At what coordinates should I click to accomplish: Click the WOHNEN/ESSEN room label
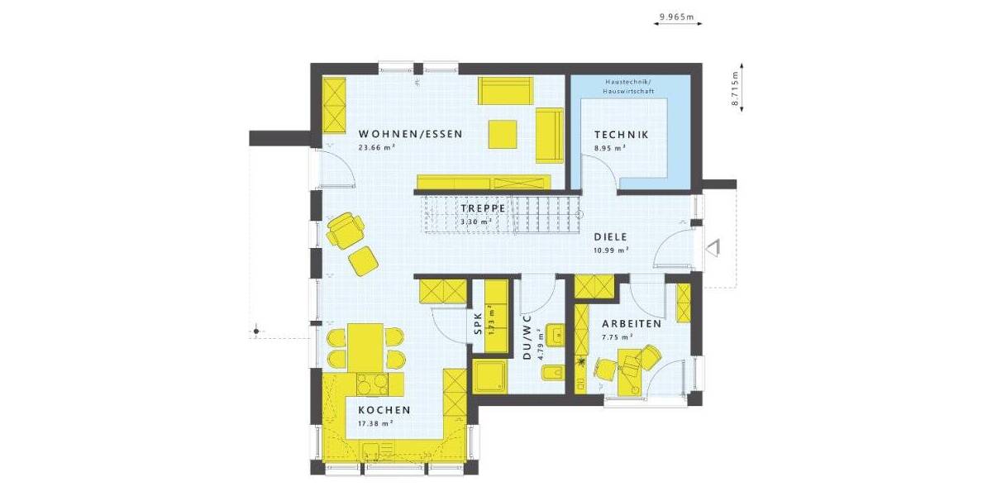(x=410, y=134)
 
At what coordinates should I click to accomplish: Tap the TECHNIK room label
(x=621, y=135)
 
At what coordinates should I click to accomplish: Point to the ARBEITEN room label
(x=631, y=324)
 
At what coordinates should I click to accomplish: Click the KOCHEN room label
(x=384, y=410)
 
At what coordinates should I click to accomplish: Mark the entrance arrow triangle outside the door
(x=713, y=246)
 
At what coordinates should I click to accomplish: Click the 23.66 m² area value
(x=375, y=148)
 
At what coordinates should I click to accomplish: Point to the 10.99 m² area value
(x=611, y=250)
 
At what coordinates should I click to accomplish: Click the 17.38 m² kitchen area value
(x=374, y=423)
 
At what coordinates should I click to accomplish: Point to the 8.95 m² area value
(x=609, y=148)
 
